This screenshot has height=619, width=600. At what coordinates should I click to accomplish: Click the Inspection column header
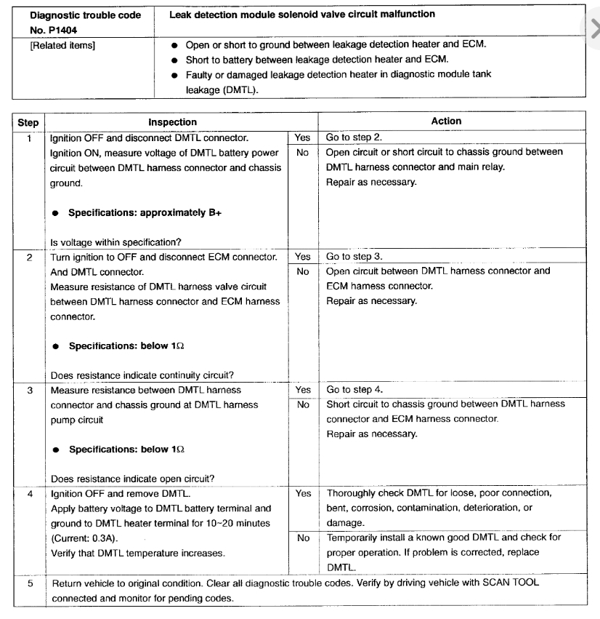[172, 122]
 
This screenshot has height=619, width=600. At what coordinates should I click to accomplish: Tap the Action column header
[446, 121]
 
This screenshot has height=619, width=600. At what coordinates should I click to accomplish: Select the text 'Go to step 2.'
[354, 137]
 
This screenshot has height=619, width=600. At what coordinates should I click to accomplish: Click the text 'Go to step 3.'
[354, 257]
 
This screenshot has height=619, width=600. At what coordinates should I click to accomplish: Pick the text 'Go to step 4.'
[354, 390]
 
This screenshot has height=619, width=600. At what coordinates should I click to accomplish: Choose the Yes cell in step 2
[304, 257]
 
